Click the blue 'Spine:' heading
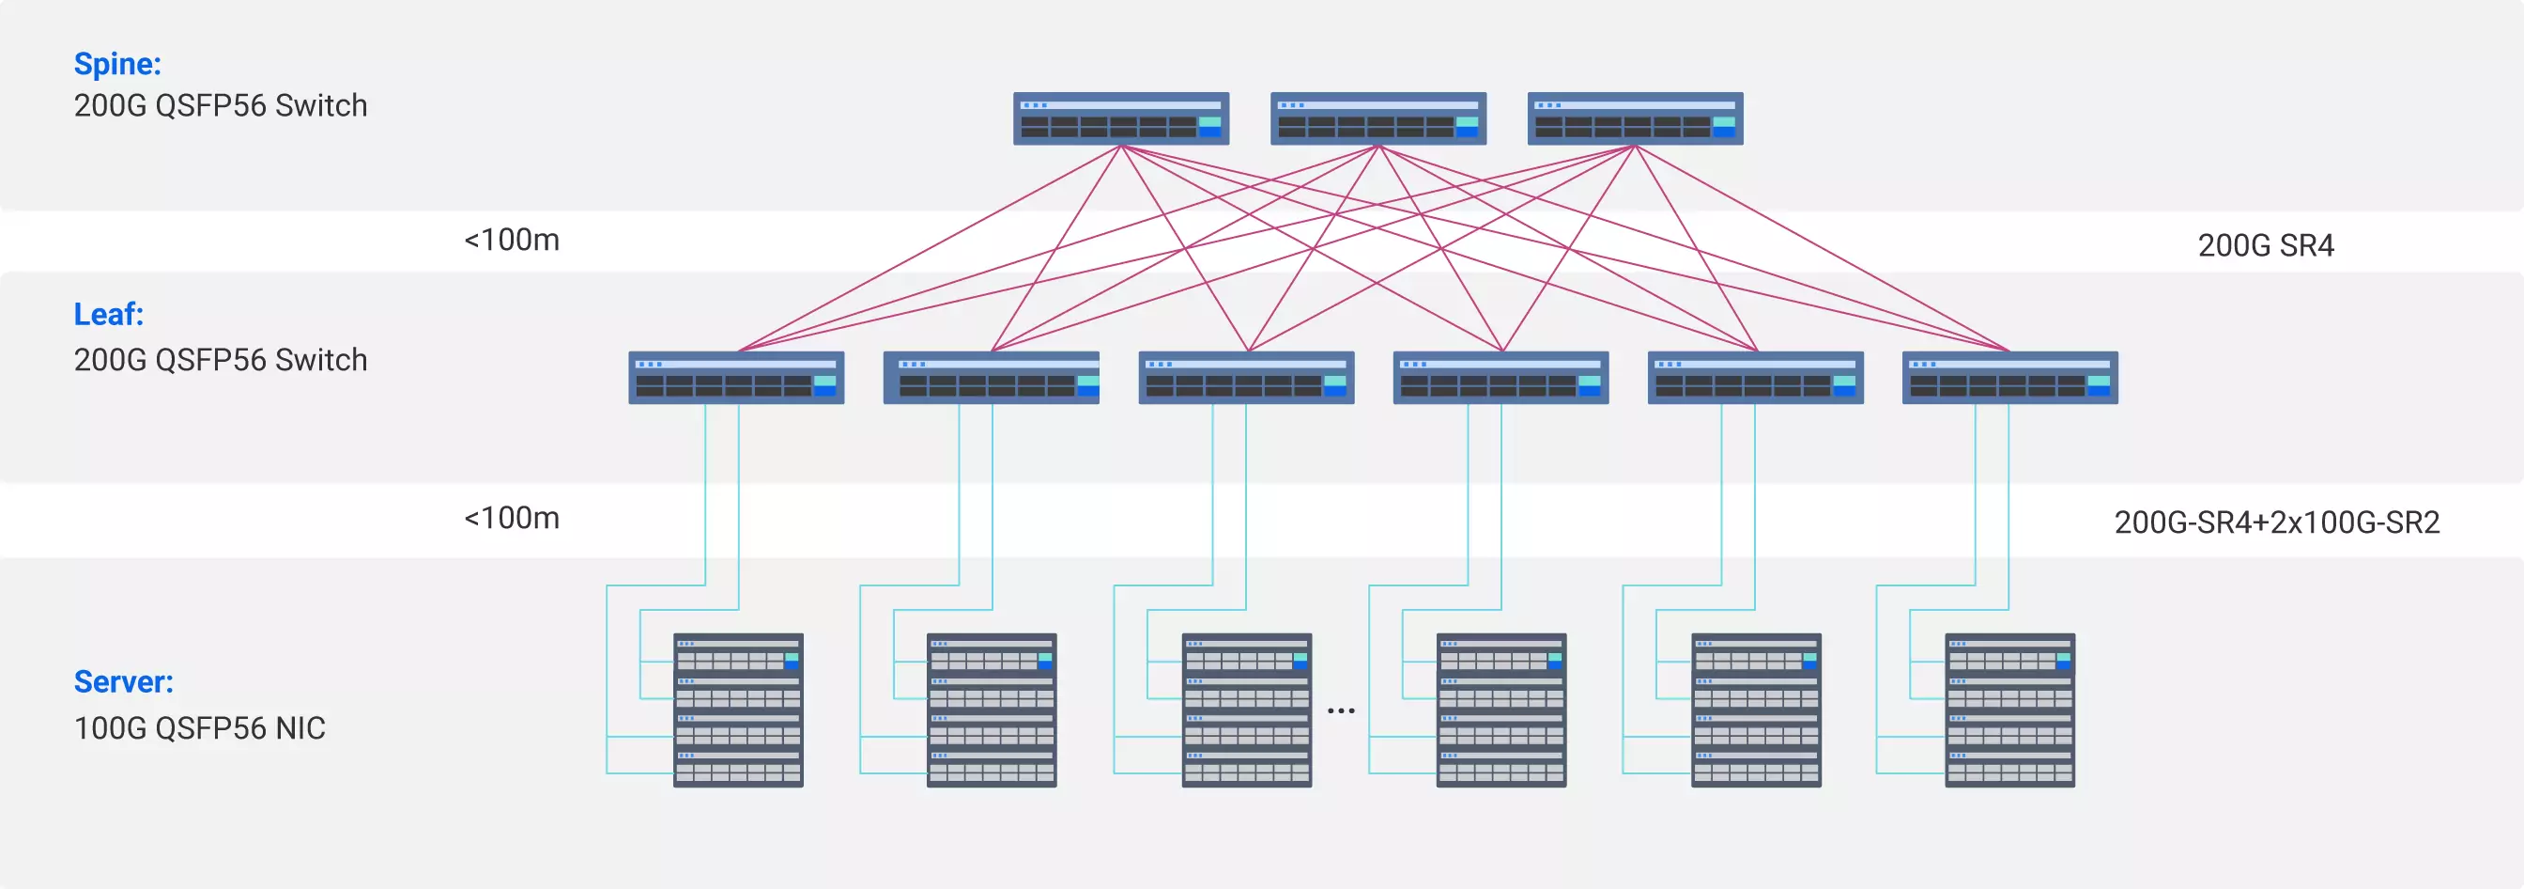tap(117, 64)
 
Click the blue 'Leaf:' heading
tap(109, 315)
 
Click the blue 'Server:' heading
tap(123, 682)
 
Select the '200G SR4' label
tap(2266, 245)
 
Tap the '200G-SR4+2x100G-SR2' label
tap(2276, 522)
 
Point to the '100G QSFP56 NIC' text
tap(200, 728)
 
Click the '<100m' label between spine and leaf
tap(512, 241)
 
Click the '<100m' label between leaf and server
tap(512, 519)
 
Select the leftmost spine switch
tap(1121, 118)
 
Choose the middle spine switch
tap(1377, 118)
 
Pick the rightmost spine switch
tap(1635, 118)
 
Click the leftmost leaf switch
tap(736, 378)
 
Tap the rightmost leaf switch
tap(2009, 378)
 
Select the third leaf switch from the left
tap(1245, 378)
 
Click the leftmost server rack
tap(738, 710)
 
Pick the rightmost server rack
tap(2009, 710)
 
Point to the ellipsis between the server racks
tap(1340, 710)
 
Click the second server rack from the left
tap(992, 710)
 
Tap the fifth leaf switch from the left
tap(1755, 378)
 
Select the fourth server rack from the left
tap(1501, 710)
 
